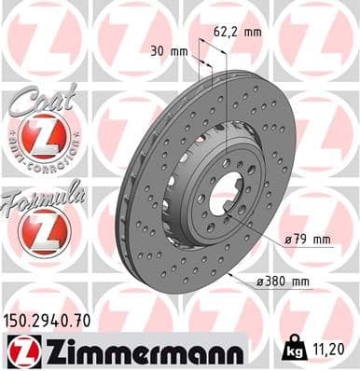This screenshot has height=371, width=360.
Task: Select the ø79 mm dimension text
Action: click(310, 239)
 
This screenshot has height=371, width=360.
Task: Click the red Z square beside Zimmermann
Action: click(20, 350)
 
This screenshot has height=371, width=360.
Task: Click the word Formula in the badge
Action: click(43, 198)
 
